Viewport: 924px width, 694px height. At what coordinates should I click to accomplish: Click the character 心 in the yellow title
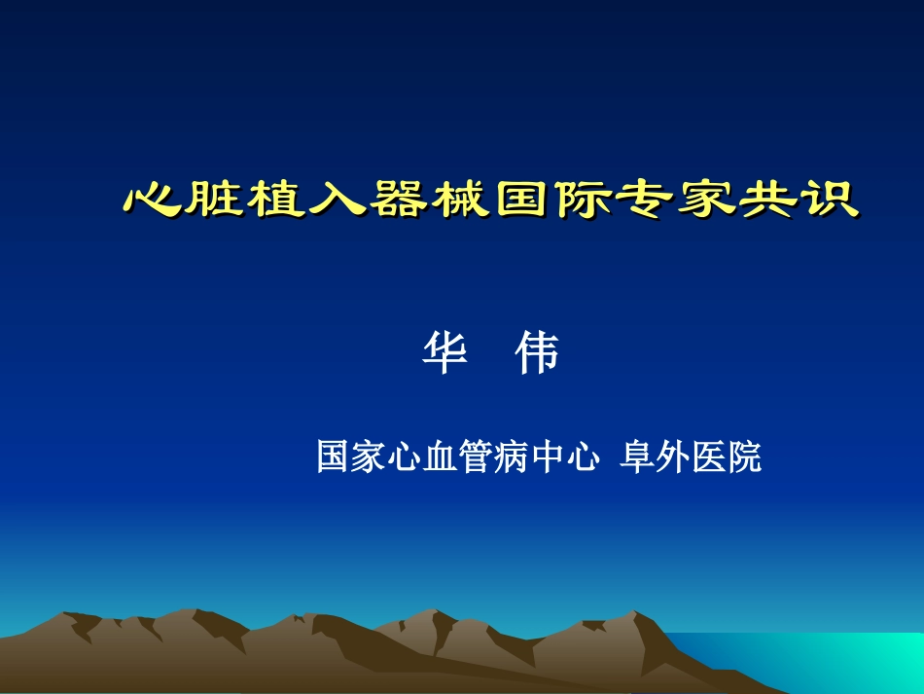click(154, 199)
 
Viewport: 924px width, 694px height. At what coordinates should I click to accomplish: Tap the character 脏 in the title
click(215, 199)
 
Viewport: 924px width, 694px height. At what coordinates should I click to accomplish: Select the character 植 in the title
click(276, 199)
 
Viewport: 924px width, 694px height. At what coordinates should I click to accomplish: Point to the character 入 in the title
click(338, 199)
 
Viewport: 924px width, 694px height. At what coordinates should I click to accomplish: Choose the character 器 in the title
click(399, 199)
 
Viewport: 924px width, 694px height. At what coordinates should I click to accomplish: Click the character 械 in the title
click(460, 199)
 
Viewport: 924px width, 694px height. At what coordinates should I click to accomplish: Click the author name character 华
click(444, 355)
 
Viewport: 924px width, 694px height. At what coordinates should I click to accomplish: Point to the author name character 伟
click(537, 355)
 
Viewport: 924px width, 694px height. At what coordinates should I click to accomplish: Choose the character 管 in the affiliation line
click(474, 457)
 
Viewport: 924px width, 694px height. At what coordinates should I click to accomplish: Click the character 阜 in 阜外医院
click(637, 457)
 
